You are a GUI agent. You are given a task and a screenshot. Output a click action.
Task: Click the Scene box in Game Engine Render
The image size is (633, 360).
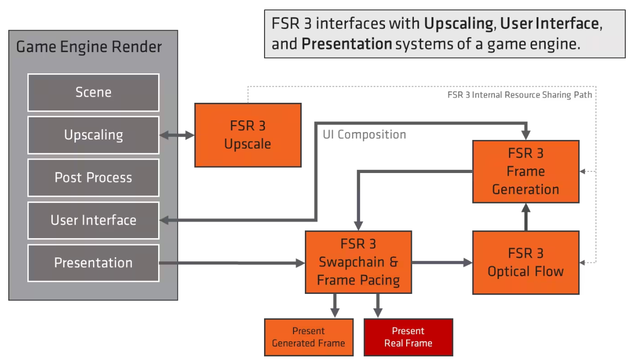click(93, 92)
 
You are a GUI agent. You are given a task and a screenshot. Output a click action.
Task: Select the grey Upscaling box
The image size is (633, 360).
click(93, 135)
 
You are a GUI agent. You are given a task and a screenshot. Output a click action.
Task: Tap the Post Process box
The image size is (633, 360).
click(93, 178)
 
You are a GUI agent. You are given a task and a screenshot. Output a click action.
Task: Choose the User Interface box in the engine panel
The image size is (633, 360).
click(93, 220)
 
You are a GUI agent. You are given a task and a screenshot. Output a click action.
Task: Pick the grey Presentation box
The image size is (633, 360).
click(93, 263)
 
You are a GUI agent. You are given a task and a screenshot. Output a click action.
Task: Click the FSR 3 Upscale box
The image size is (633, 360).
click(248, 135)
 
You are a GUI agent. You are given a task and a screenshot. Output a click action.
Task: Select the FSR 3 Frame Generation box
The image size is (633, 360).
click(526, 171)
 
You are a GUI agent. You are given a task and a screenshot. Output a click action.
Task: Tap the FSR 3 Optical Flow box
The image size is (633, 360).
click(526, 262)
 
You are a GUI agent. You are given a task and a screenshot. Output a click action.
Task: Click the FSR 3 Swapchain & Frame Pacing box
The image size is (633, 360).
click(358, 262)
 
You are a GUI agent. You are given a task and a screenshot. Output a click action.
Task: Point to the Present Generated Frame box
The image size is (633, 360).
click(308, 337)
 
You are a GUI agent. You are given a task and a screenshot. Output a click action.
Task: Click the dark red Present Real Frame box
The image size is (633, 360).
click(408, 337)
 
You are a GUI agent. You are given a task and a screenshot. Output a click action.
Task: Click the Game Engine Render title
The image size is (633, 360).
click(89, 47)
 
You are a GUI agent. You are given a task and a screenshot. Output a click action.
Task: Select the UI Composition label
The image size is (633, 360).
click(364, 135)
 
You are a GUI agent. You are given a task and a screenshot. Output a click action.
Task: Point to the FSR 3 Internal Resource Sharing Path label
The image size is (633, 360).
click(519, 95)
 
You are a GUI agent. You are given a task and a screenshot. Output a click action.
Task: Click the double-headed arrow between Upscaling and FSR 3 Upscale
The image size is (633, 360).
click(177, 135)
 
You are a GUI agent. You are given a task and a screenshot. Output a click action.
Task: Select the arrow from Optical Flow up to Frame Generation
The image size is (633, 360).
click(526, 217)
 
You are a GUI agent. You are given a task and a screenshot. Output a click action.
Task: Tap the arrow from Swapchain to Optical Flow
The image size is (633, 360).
click(442, 262)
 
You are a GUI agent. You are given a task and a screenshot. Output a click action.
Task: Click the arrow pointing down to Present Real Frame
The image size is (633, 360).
click(378, 305)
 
